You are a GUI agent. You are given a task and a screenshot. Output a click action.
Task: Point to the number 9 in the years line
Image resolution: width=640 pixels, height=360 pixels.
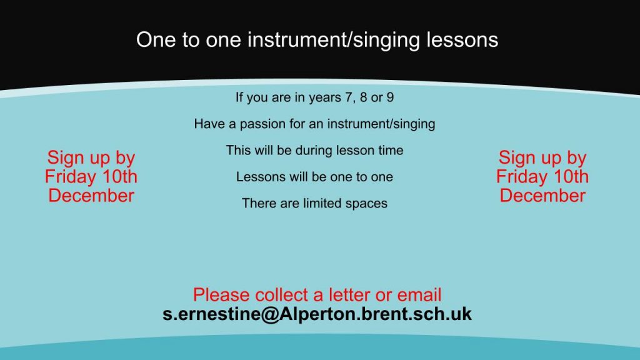pos(390,97)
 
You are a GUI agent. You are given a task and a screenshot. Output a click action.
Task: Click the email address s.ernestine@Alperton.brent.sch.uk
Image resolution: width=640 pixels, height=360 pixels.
pos(317,314)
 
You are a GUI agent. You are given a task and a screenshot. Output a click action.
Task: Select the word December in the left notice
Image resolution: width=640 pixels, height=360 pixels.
pos(91,196)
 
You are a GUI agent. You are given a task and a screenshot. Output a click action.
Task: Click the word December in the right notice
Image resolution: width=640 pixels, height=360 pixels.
pos(542,196)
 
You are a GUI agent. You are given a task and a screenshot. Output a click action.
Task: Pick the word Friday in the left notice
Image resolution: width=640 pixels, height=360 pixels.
pos(70,177)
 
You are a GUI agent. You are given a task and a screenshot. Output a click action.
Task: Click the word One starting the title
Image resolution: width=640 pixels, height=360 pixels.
pos(156,40)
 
